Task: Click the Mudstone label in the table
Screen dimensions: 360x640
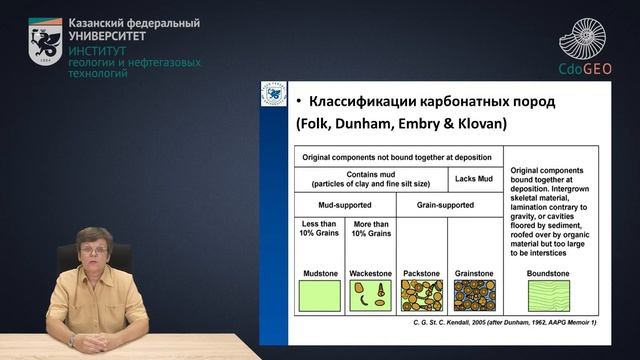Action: click(316, 272)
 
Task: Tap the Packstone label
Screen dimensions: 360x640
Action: click(421, 272)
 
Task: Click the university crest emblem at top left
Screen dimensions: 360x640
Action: click(44, 42)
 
